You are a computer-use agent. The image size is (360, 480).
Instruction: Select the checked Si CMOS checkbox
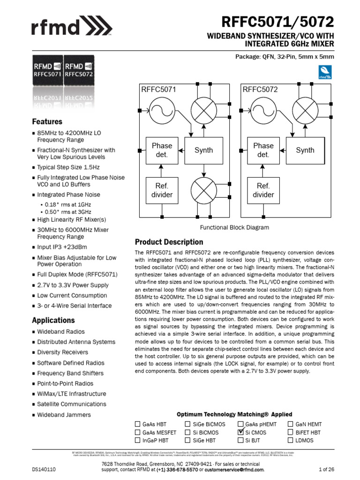(241, 432)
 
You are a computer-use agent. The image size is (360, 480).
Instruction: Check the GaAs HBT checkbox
(138, 424)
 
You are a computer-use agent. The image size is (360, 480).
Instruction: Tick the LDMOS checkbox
(291, 440)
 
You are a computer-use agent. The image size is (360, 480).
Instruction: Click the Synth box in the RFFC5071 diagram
(203, 150)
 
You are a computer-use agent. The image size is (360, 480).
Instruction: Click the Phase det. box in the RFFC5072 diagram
(263, 150)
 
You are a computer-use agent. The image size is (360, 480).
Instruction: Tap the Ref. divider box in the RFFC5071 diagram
(162, 190)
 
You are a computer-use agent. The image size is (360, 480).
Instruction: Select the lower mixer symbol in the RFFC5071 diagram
(203, 190)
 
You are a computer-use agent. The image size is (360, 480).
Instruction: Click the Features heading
(47, 121)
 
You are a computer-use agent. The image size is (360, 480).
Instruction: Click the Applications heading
(53, 320)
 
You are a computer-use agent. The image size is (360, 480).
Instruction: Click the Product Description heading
(169, 242)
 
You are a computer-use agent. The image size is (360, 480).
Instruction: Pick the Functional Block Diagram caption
(234, 227)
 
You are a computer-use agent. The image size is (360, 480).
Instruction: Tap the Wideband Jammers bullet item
(64, 414)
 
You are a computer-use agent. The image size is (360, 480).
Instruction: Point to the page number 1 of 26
(326, 469)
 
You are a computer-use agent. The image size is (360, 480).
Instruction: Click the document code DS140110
(44, 469)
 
